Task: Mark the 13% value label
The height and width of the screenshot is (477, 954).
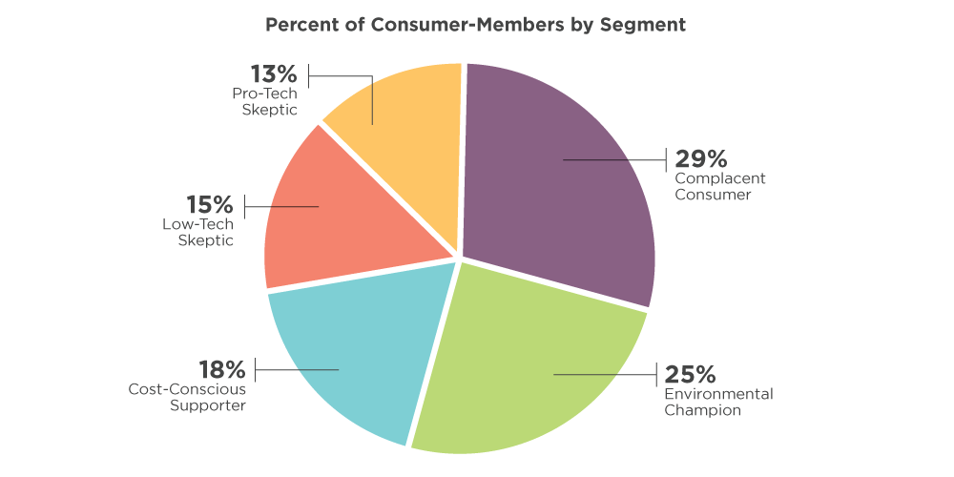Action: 274,74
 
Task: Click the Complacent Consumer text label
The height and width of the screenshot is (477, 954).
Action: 720,187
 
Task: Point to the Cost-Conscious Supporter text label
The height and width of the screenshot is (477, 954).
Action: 187,397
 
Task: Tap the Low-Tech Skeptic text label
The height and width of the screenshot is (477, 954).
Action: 198,232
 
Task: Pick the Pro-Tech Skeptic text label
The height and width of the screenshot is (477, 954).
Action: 265,101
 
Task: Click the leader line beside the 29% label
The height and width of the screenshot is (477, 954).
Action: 615,160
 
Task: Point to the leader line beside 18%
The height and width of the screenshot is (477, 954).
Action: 296,369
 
